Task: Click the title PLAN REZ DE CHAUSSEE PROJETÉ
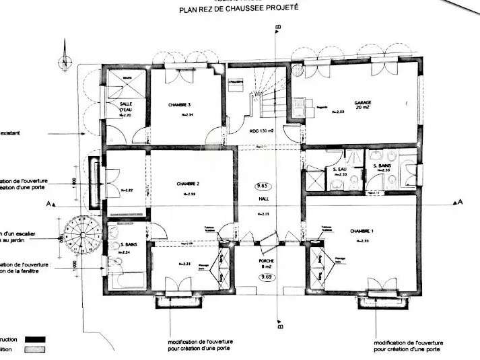[x=239, y=10]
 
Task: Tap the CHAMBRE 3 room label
[x=180, y=105]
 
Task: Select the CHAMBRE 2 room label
[x=188, y=184]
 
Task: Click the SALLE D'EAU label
[x=126, y=106]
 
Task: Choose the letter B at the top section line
[x=278, y=27]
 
